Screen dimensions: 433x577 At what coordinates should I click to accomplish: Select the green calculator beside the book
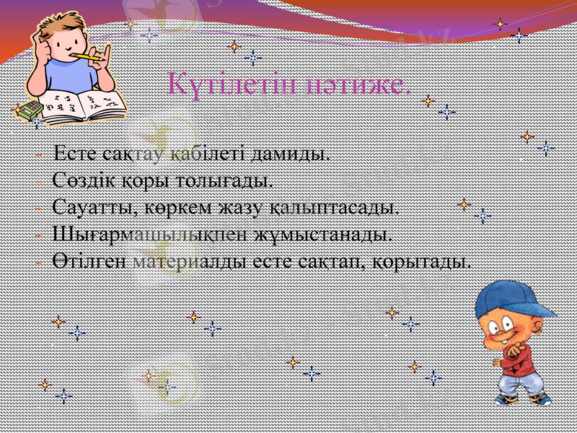point(29,110)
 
